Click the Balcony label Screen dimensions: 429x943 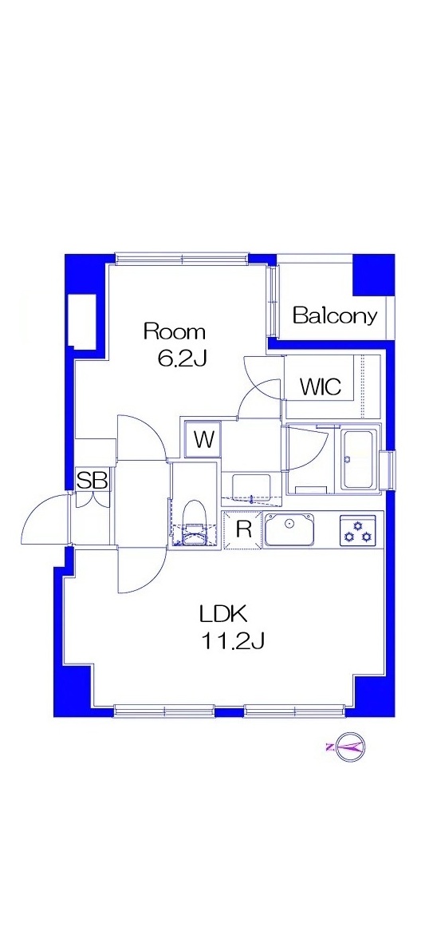coord(335,315)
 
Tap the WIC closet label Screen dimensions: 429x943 coord(321,386)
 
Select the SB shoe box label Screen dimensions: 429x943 coord(93,481)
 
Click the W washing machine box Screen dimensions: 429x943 coord(203,440)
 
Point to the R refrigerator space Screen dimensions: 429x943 coord(242,530)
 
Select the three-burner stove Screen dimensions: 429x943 coord(359,530)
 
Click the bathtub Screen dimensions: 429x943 coord(360,460)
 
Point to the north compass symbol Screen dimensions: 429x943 coord(349,747)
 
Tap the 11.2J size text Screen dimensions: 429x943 coord(233,642)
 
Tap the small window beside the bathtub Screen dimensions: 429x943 coord(392,470)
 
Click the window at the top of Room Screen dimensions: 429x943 coord(182,259)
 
